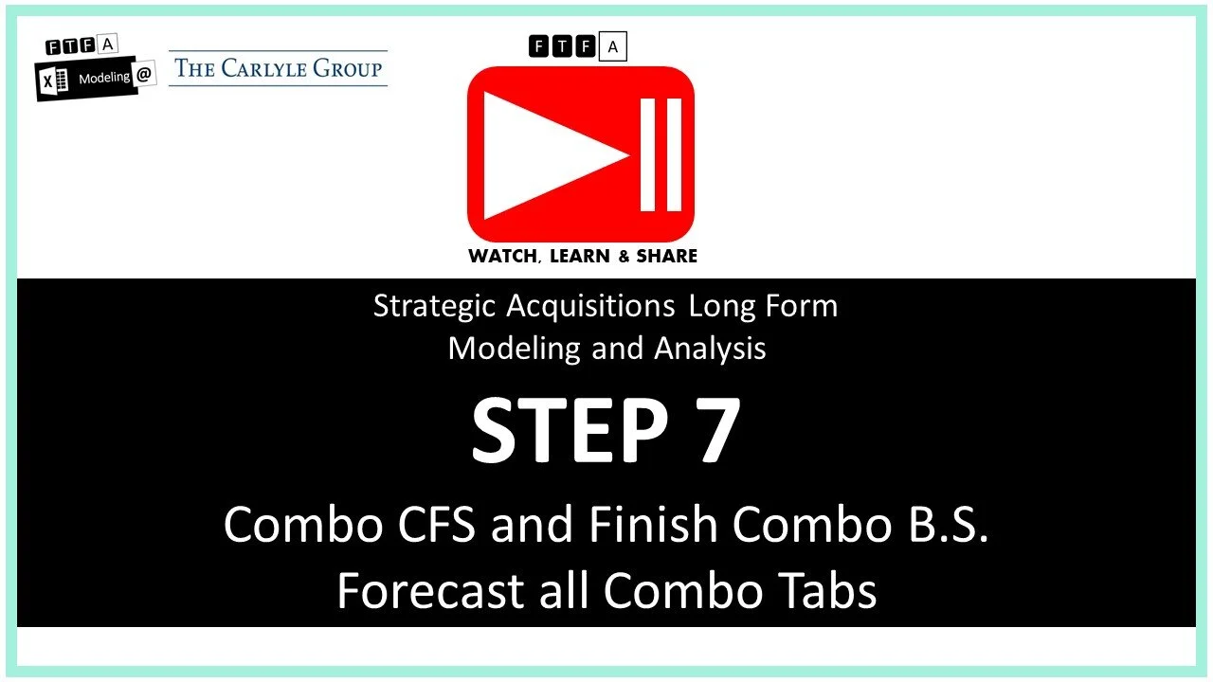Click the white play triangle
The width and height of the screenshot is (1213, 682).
pos(545,154)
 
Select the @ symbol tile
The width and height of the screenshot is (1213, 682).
pos(143,76)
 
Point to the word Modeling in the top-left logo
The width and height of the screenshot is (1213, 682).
pos(103,78)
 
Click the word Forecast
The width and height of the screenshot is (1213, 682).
pos(429,590)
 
